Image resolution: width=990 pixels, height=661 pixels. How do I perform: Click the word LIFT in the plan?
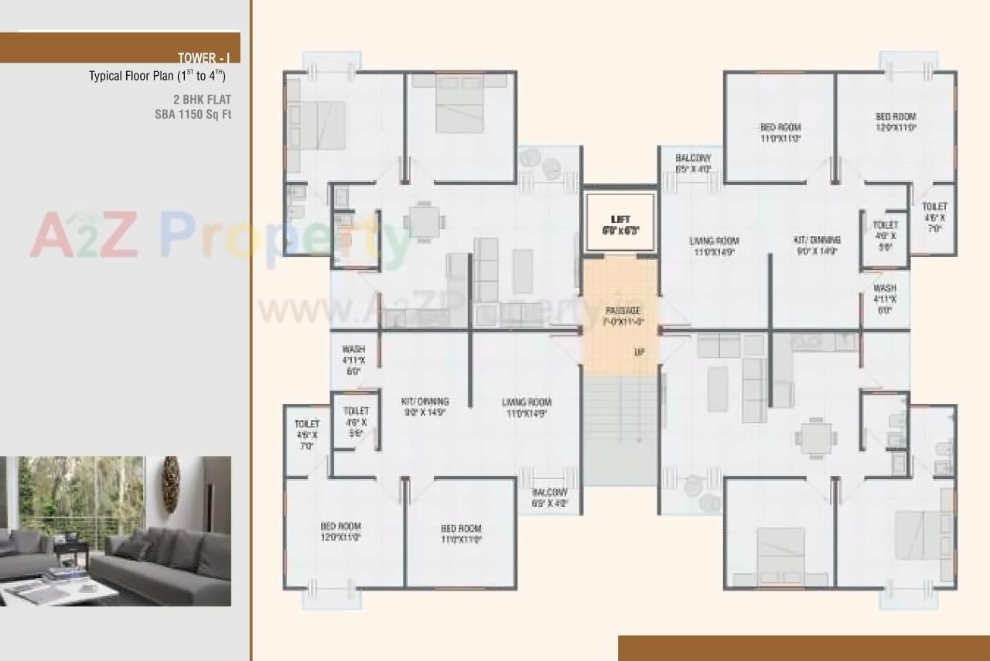tap(620, 220)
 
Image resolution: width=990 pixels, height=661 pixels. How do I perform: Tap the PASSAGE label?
tap(622, 310)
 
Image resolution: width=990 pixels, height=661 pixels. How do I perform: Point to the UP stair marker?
tap(639, 352)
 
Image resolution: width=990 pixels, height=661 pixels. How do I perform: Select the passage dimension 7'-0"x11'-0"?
tap(623, 321)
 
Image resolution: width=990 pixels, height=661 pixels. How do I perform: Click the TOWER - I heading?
tap(203, 58)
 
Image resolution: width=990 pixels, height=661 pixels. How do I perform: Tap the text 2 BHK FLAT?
tap(202, 100)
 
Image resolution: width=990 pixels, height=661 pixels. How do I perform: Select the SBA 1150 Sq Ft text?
tap(193, 115)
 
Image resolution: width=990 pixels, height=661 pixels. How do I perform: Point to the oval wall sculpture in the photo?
tap(171, 485)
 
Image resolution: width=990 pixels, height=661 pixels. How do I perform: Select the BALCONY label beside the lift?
tap(692, 158)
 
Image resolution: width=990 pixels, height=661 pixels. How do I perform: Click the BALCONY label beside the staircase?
tap(549, 492)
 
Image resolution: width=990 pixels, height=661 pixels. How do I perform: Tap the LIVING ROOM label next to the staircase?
tap(526, 402)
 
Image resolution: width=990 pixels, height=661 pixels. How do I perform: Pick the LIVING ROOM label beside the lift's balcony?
tap(714, 241)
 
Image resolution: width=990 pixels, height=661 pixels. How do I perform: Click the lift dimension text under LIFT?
tap(620, 231)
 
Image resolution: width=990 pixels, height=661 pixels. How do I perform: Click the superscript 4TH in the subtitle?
tap(217, 74)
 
